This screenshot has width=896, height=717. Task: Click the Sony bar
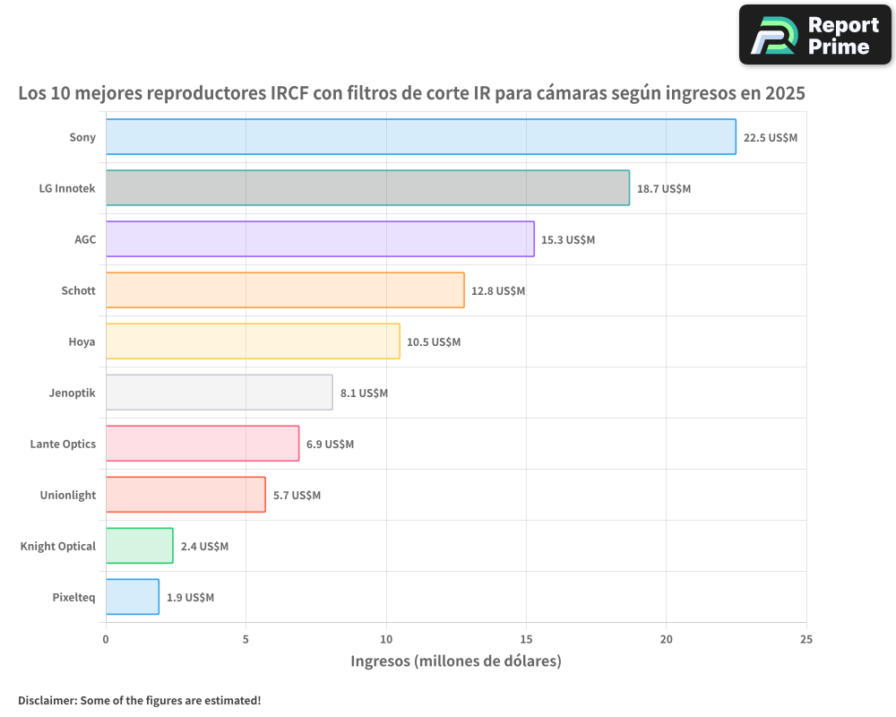[420, 137]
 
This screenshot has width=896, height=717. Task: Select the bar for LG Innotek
[367, 188]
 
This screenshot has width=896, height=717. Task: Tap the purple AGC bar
[320, 239]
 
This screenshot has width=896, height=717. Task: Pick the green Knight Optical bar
[139, 546]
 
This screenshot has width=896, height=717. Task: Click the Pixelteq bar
[133, 597]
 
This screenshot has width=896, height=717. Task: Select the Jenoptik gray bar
[219, 393]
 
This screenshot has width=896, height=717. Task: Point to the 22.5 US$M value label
[770, 138]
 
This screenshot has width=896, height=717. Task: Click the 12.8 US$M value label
[498, 291]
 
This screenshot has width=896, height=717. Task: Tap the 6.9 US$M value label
[330, 445]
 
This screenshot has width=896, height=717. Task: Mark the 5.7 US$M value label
[297, 496]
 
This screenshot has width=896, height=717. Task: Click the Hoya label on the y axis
[82, 341]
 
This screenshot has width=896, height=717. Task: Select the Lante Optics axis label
[63, 444]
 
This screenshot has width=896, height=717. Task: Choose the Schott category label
[78, 290]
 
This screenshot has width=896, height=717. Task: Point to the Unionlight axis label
[67, 495]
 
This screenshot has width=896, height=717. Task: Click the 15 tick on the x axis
[526, 639]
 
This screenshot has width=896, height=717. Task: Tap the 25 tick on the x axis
[806, 639]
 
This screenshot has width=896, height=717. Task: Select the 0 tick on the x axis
[106, 639]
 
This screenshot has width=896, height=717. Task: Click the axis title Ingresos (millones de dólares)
[455, 661]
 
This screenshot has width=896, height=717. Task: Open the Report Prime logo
[815, 35]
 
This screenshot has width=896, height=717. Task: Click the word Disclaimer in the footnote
[46, 700]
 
